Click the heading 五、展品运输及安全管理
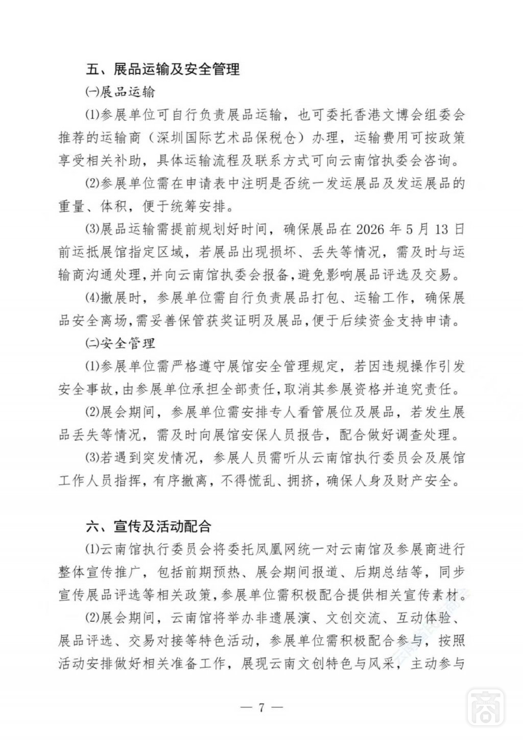point(163,69)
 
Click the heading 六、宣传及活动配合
point(149,527)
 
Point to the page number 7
point(261,708)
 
